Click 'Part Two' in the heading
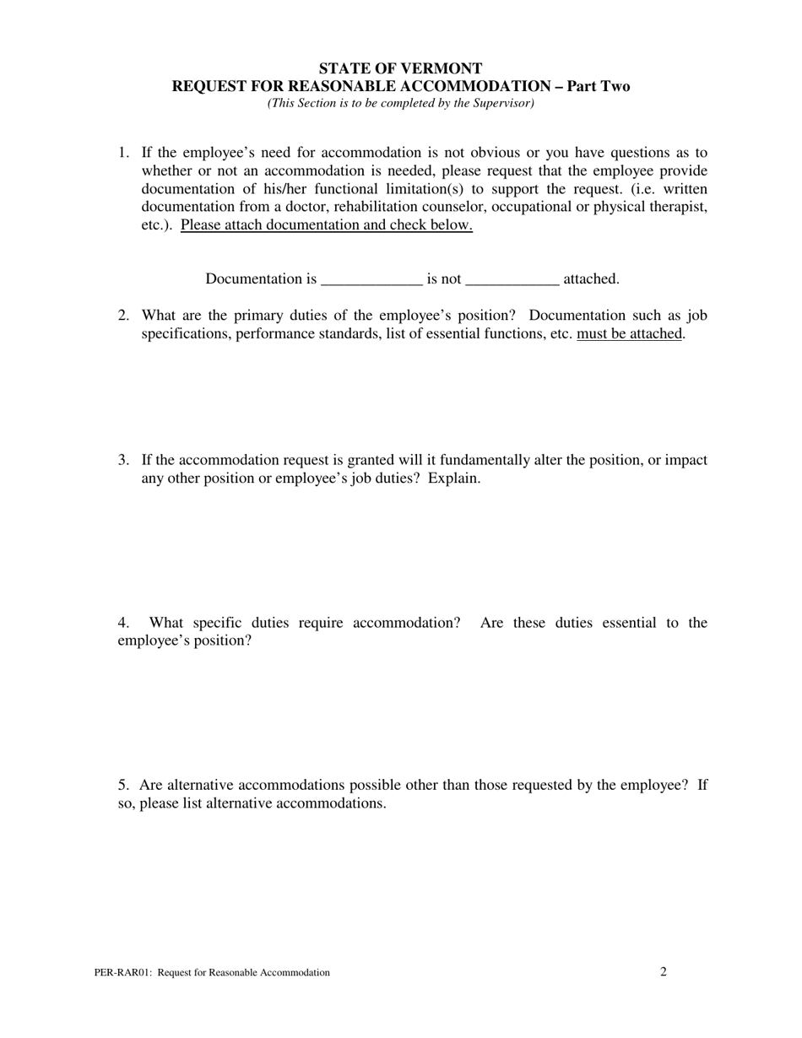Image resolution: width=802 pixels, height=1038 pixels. click(x=598, y=86)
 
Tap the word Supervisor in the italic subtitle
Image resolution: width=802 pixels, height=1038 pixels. click(x=501, y=103)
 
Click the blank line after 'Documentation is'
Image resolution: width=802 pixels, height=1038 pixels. click(x=371, y=279)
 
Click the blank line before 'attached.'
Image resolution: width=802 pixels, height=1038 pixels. click(x=512, y=279)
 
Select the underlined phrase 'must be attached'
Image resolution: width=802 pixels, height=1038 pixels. click(x=629, y=333)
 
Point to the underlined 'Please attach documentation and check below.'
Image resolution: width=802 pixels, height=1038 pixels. click(x=326, y=225)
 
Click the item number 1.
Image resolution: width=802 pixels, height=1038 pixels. click(x=123, y=153)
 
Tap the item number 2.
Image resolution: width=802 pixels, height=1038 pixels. click(x=123, y=316)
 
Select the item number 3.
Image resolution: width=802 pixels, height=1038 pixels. click(x=123, y=460)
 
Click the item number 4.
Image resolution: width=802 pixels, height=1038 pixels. click(x=123, y=623)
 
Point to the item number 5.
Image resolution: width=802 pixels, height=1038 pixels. click(x=123, y=785)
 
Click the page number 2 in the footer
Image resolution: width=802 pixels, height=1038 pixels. click(x=664, y=971)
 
